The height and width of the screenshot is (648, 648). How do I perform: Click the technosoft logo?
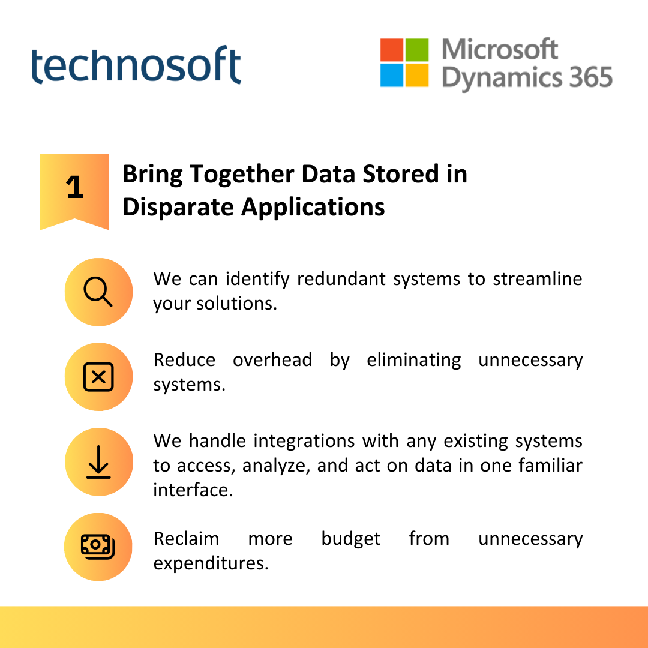pos(136,65)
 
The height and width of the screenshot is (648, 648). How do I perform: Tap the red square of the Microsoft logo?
pos(391,50)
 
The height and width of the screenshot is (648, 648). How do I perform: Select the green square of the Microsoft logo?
pos(417,50)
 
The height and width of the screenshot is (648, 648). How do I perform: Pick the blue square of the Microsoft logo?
pos(391,75)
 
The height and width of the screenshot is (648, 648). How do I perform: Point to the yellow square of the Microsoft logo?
pos(417,75)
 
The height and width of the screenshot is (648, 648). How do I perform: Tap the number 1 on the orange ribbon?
pos(75,187)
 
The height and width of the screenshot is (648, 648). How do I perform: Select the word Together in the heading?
pos(242,175)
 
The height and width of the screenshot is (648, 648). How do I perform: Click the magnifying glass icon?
pos(98,292)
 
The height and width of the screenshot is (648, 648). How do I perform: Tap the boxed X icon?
pos(98,377)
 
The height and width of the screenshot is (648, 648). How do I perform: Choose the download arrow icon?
pos(98,462)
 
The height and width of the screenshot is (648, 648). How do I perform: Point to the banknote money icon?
pos(98,547)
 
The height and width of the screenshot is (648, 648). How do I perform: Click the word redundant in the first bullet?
pos(341,279)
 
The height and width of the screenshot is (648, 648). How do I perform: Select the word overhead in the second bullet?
pos(272,360)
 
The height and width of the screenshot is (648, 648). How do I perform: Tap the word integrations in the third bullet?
pos(304,442)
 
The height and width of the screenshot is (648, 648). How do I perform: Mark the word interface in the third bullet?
pos(193,490)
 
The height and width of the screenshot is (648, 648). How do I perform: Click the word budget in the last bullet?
pos(351,539)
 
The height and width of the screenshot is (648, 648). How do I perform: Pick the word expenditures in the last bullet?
pos(211,563)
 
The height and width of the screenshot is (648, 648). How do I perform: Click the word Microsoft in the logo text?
pos(500,49)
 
